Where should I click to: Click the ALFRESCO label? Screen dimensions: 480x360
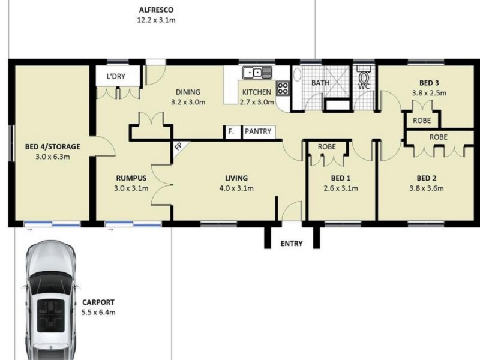[156, 10]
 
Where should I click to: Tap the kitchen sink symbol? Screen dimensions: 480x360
[257, 73]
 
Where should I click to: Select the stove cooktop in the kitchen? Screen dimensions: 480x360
[283, 88]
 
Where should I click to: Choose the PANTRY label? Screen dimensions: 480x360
[258, 131]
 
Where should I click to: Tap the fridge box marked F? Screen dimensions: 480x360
[232, 132]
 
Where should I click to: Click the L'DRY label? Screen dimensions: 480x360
[116, 76]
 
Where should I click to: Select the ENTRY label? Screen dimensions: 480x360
[292, 244]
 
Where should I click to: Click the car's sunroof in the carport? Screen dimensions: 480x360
[51, 316]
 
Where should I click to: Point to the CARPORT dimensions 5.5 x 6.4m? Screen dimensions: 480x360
[98, 313]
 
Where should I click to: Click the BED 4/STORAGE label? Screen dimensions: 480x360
[52, 146]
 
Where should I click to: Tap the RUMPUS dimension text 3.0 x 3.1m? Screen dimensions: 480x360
[131, 188]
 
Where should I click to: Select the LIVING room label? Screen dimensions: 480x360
[236, 178]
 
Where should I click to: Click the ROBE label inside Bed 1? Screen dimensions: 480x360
[326, 146]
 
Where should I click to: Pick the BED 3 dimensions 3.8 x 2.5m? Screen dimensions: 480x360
[429, 93]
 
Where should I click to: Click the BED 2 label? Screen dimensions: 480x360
[427, 178]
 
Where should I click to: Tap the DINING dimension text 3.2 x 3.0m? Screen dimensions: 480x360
[188, 102]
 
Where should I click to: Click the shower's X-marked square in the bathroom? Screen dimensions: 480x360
[337, 82]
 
